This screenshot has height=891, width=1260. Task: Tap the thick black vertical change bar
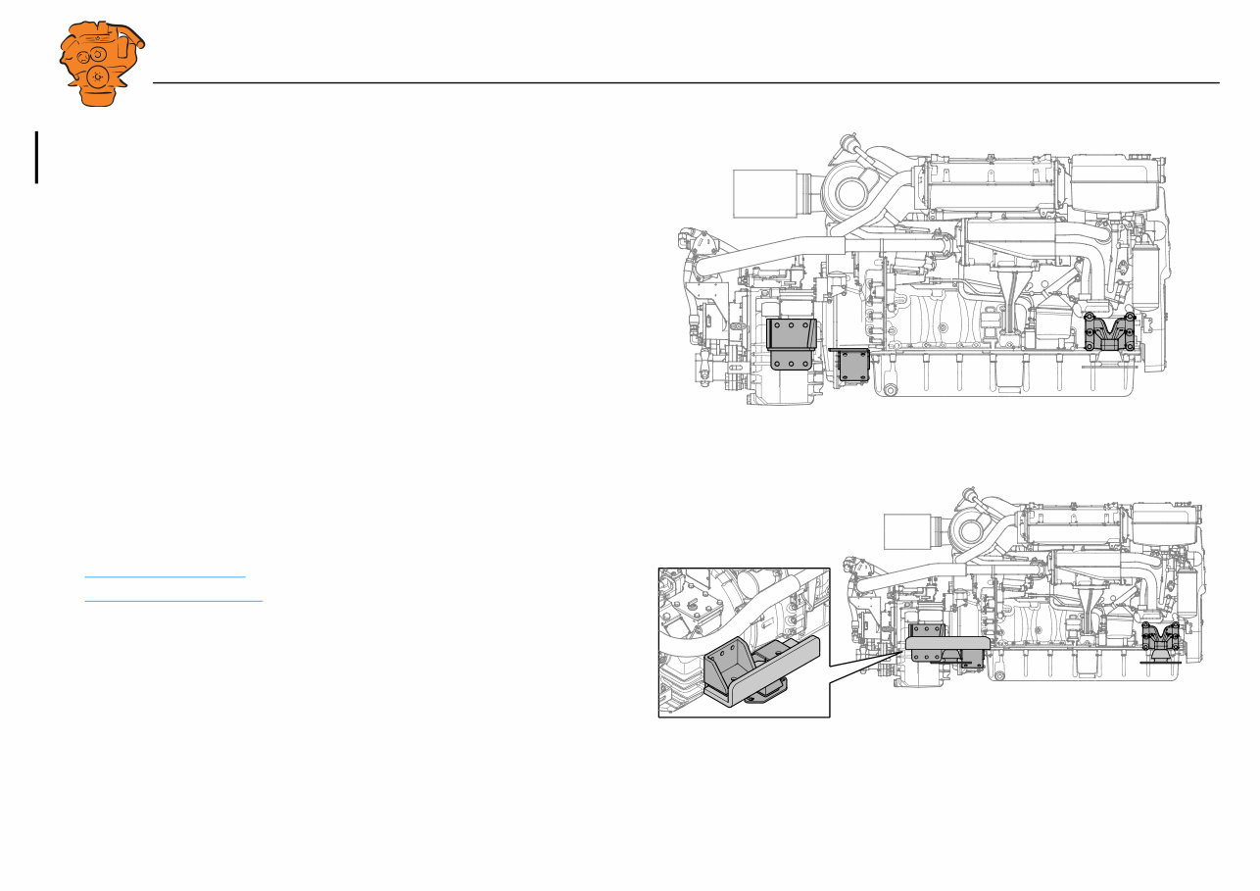[x=37, y=158]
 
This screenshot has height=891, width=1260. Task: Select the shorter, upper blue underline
[x=165, y=577]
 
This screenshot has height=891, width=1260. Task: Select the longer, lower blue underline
[x=173, y=600]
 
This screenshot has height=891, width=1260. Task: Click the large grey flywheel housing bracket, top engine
[x=791, y=343]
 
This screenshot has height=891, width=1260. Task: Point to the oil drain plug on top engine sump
[x=890, y=391]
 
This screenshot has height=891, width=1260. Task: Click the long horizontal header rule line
[x=686, y=83]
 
